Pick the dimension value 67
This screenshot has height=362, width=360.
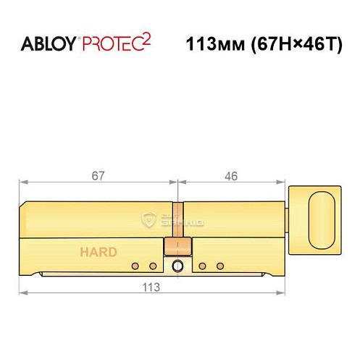click(99, 175)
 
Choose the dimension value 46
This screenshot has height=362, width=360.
click(231, 175)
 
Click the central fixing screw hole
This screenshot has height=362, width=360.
click(176, 266)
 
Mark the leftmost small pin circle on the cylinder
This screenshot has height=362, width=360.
click(135, 266)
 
